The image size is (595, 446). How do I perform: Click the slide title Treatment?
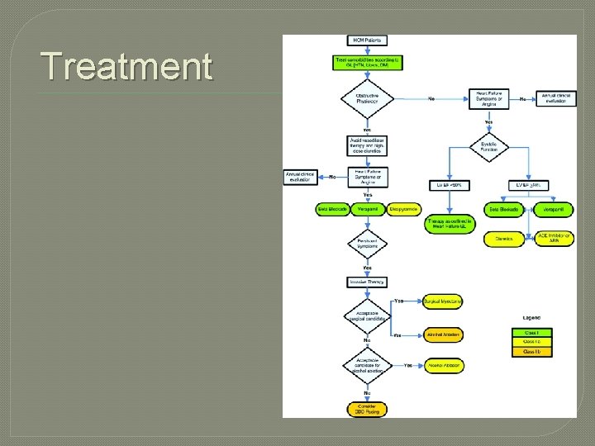tap(126, 67)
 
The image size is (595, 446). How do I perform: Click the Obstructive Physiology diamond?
tap(367, 99)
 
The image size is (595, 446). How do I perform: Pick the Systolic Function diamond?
tap(488, 146)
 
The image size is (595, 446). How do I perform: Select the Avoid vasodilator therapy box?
tap(367, 145)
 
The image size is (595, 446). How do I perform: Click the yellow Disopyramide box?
tap(402, 210)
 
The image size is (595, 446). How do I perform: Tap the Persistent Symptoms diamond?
tap(367, 244)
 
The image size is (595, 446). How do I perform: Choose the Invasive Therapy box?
tap(367, 282)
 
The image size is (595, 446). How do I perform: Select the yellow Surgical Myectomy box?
tap(443, 302)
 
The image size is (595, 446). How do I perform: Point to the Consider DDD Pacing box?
tap(367, 408)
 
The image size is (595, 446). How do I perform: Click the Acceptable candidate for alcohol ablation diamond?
tap(367, 364)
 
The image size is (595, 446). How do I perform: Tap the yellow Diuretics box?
tap(504, 239)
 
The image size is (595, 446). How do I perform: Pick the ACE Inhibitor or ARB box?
tap(555, 239)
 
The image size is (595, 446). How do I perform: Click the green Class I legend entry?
tap(531, 331)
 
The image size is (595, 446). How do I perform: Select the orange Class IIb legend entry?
tap(531, 351)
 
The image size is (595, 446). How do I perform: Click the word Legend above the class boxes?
tap(532, 317)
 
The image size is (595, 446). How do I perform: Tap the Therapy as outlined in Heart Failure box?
tap(450, 225)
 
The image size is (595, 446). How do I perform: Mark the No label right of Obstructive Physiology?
tap(431, 99)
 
